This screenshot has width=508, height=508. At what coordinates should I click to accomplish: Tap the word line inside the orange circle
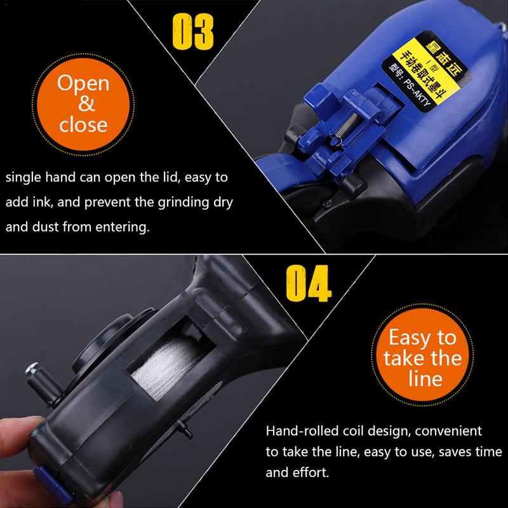422,379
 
